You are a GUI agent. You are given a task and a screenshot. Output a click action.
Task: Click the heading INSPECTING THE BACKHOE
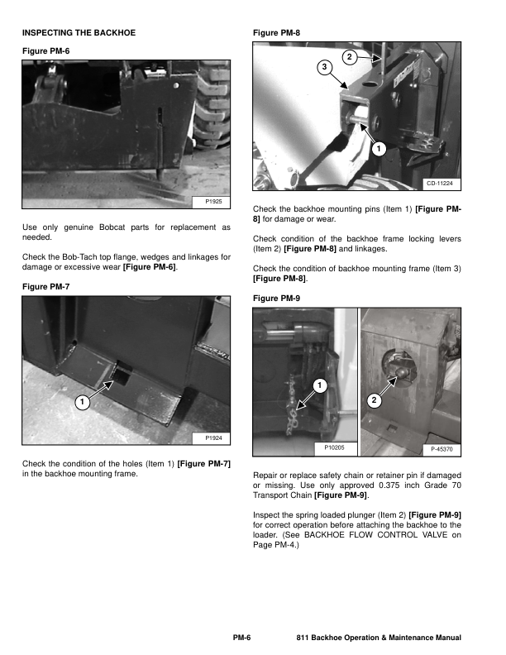click(x=79, y=33)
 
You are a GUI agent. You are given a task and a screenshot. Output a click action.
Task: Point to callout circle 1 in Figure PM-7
click(x=82, y=403)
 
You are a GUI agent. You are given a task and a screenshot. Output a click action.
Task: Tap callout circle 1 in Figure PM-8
click(x=377, y=149)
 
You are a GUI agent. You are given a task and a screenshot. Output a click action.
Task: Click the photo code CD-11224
click(x=442, y=183)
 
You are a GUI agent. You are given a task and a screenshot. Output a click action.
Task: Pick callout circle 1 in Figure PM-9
click(x=317, y=387)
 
